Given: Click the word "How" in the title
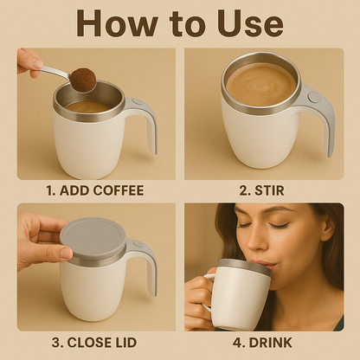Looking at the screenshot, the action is [x=117, y=23].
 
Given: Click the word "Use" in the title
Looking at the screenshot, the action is [x=250, y=23].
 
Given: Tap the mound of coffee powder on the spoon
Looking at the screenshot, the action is [x=83, y=80].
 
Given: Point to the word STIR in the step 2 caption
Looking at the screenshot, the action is [x=269, y=190].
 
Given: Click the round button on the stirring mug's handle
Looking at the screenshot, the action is [x=314, y=97].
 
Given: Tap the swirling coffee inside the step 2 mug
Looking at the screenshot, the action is [x=261, y=84].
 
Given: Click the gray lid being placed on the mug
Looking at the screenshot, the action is [x=93, y=238].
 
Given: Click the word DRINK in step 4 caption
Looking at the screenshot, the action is [x=270, y=343].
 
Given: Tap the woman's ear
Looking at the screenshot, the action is [x=328, y=227].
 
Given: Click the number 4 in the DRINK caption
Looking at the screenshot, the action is [x=237, y=343].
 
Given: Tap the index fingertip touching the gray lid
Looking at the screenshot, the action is [x=66, y=254].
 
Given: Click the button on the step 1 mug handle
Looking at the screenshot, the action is [x=138, y=101].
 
